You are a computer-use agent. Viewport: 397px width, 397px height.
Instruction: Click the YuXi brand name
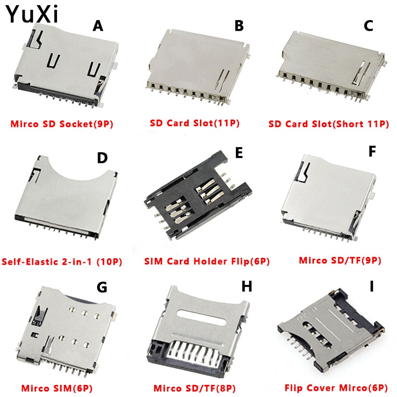click(32, 14)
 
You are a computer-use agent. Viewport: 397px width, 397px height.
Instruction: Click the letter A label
click(98, 26)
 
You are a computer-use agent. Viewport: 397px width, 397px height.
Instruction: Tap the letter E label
click(239, 153)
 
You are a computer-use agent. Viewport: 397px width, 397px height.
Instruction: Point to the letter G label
click(101, 288)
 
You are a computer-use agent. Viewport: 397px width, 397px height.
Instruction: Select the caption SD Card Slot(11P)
click(195, 123)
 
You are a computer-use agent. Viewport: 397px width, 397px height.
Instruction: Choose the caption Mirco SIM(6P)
click(57, 388)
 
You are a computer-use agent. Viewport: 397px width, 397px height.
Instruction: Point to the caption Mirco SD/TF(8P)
click(195, 388)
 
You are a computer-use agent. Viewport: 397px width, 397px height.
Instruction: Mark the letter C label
click(369, 26)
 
